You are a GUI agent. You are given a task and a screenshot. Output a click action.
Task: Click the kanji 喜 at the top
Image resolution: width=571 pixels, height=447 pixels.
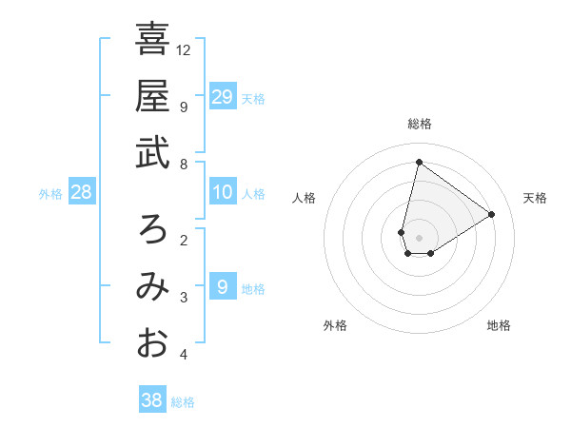152,40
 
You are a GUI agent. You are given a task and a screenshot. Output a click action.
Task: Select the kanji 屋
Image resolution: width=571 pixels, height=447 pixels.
152,95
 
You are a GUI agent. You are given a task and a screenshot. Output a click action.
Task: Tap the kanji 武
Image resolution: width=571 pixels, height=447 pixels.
152,151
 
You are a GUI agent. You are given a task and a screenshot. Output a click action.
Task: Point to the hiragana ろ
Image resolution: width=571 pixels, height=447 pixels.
152,229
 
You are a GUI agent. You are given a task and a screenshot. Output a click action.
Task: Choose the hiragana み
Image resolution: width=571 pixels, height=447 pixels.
152,286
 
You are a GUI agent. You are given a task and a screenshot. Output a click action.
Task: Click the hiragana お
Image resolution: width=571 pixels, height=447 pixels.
152,342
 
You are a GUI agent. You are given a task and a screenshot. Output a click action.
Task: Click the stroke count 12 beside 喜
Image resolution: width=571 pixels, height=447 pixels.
184,49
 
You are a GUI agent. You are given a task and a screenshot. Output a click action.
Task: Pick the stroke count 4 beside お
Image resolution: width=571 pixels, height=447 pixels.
183,356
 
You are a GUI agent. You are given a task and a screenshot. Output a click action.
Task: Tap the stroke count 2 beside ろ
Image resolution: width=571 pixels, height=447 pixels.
183,241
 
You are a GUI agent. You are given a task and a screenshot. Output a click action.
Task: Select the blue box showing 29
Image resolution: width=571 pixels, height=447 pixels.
222,96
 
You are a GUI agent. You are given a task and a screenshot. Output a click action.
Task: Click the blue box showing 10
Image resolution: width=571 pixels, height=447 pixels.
222,193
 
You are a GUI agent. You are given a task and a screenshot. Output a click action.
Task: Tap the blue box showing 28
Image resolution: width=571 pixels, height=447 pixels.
81,193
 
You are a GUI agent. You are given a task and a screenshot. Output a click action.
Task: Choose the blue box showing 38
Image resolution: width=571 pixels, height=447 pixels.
151,400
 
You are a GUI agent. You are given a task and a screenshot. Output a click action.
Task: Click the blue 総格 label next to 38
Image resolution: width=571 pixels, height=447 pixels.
183,402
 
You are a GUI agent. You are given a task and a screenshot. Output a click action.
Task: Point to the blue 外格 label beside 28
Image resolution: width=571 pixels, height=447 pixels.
50,194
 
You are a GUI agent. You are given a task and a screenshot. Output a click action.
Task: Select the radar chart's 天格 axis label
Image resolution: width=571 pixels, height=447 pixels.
535,198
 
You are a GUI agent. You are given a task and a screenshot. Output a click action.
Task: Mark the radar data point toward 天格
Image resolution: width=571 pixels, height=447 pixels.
491,214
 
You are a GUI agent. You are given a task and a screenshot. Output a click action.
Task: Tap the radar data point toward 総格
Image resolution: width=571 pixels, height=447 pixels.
419,162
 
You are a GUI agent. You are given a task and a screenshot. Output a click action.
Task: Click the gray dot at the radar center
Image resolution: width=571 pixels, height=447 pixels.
419,237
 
